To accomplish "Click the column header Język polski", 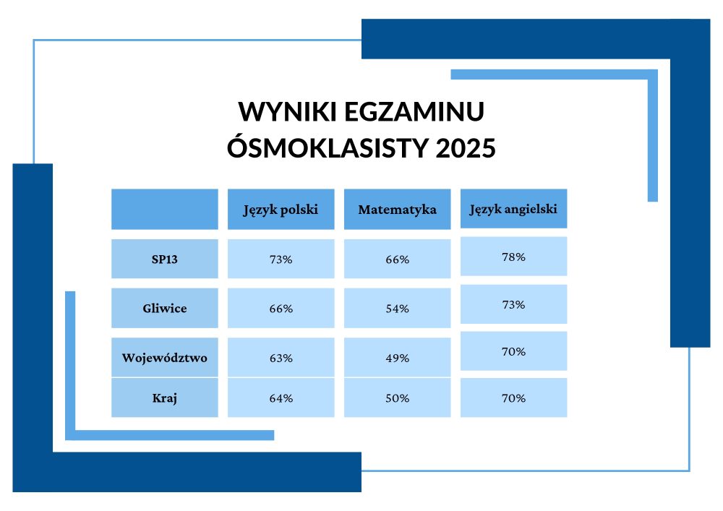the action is [281, 210].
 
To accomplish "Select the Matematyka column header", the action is [397, 210].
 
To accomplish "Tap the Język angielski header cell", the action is [513, 209].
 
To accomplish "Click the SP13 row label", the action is [165, 259].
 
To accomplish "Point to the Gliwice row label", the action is [165, 308].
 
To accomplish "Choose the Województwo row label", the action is [165, 358].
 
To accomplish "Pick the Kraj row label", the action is [165, 398].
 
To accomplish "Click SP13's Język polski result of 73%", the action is [281, 259].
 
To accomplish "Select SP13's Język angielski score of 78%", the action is [513, 257].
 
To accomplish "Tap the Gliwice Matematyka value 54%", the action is [397, 309].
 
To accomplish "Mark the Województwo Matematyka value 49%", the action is [397, 358].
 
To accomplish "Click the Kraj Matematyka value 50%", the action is [397, 398].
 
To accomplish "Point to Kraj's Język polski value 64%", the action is [281, 398].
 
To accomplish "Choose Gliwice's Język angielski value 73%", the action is [513, 304].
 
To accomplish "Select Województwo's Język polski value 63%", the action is [281, 358].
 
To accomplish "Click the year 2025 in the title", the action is [465, 148].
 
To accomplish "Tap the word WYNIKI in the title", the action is [287, 111].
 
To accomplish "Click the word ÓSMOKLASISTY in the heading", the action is [328, 147].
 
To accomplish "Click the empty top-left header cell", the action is [165, 209].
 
